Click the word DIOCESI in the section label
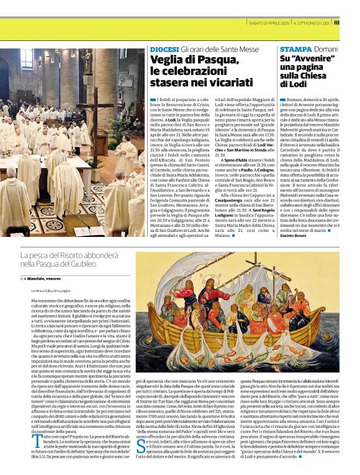tap(163, 49)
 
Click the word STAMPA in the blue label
tap(295, 49)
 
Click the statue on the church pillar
tap(87, 63)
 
